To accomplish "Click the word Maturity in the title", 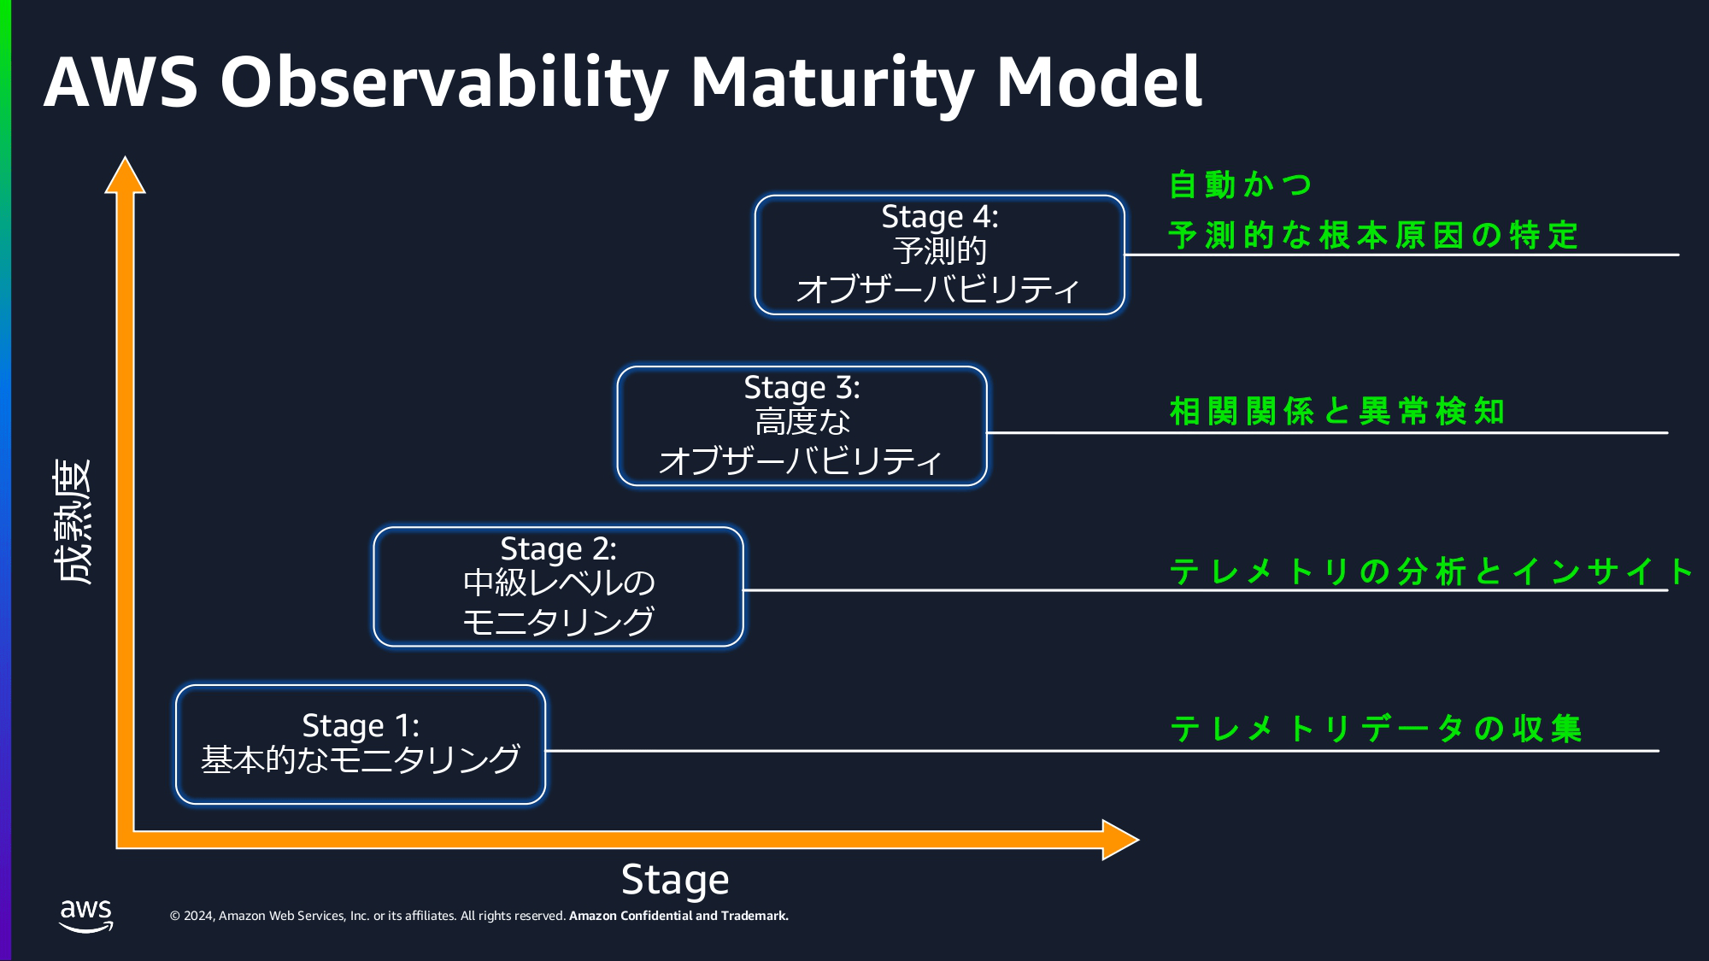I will tap(831, 83).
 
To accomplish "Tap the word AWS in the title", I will tap(120, 83).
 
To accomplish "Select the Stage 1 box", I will tap(360, 744).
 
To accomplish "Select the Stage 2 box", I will tap(558, 587).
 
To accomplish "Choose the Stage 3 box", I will tap(802, 426).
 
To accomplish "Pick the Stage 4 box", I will tap(939, 255).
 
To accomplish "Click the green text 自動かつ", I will tap(1240, 185).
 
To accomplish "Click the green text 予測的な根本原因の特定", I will tap(1372, 235).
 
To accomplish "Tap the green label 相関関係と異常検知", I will tap(1336, 411).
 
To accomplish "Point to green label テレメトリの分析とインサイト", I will tap(1430, 571).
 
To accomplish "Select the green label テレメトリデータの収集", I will tap(1376, 729).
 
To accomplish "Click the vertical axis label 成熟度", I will tap(73, 522).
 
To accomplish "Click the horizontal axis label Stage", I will tap(675, 880).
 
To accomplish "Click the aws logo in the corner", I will tap(85, 915).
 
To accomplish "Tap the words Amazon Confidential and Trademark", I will tap(678, 916).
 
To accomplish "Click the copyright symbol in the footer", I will tap(175, 916).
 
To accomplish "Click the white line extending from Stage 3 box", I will tap(1324, 433).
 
